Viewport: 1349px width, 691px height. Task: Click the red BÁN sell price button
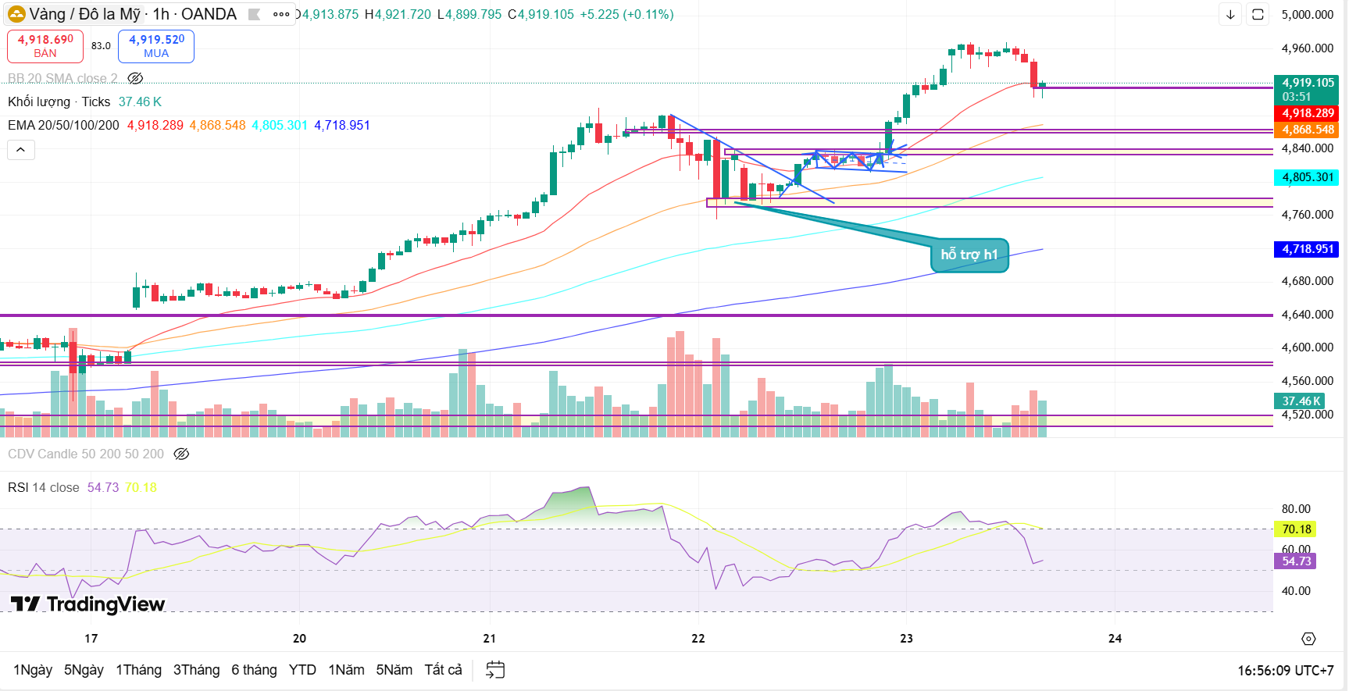pyautogui.click(x=45, y=46)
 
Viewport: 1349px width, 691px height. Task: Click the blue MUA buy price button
pyautogui.click(x=156, y=46)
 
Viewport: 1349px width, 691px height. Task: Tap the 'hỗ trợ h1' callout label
pyautogui.click(x=969, y=255)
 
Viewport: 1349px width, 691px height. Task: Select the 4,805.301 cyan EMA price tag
pyautogui.click(x=1306, y=177)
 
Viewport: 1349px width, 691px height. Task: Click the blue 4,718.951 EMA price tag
pyautogui.click(x=1306, y=249)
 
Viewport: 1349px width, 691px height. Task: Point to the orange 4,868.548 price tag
pyautogui.click(x=1306, y=130)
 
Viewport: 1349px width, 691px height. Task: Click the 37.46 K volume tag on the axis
pyautogui.click(x=1301, y=401)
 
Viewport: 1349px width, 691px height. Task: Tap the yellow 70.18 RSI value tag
pyautogui.click(x=1296, y=529)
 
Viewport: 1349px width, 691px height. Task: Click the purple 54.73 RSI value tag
pyautogui.click(x=1296, y=561)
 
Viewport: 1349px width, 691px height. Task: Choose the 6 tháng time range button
pyautogui.click(x=254, y=670)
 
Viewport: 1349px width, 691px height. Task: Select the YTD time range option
pyautogui.click(x=302, y=670)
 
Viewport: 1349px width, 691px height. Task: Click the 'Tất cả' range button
pyautogui.click(x=443, y=670)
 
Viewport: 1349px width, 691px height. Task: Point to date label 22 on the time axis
pyautogui.click(x=698, y=639)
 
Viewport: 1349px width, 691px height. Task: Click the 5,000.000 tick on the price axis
pyautogui.click(x=1307, y=15)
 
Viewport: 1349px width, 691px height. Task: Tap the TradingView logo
pyautogui.click(x=87, y=604)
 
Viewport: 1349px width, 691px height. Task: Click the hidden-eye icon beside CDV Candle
pyautogui.click(x=181, y=454)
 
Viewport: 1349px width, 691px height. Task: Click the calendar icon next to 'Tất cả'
pyautogui.click(x=495, y=670)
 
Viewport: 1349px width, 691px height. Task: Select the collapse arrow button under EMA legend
pyautogui.click(x=21, y=149)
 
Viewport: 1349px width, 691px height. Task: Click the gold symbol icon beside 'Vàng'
pyautogui.click(x=16, y=14)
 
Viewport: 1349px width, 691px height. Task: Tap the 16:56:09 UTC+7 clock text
pyautogui.click(x=1285, y=671)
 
